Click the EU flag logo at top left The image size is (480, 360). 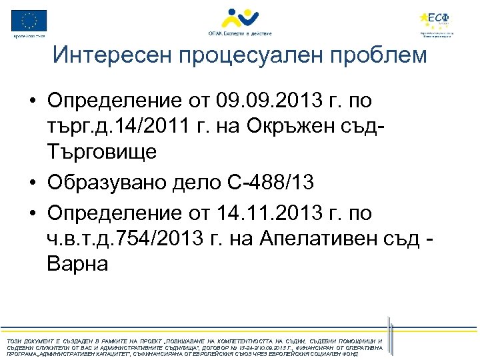point(29,21)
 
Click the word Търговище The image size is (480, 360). point(102,151)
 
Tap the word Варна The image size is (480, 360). point(77,263)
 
